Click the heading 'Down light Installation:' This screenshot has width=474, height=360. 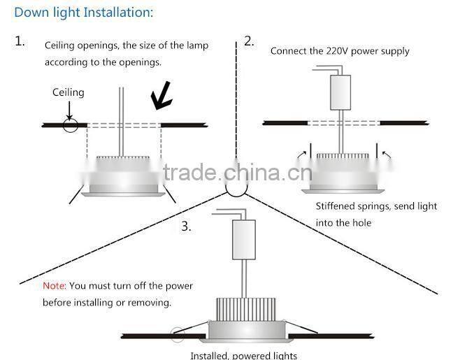[x=83, y=13]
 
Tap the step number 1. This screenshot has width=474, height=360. [x=20, y=41]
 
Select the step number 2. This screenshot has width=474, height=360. [x=249, y=41]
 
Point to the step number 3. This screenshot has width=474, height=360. [x=185, y=226]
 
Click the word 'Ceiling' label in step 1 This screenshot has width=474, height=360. [x=68, y=92]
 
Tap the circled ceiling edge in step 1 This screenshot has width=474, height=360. [x=70, y=124]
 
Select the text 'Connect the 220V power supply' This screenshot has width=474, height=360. [x=340, y=51]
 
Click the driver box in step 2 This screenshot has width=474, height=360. [x=340, y=92]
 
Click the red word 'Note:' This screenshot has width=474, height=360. [x=54, y=286]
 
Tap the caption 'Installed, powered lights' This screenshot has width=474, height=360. [x=243, y=355]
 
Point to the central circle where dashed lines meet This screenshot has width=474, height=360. [x=236, y=187]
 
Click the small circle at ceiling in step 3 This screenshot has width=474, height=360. [x=178, y=336]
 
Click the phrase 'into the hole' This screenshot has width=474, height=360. [x=343, y=223]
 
